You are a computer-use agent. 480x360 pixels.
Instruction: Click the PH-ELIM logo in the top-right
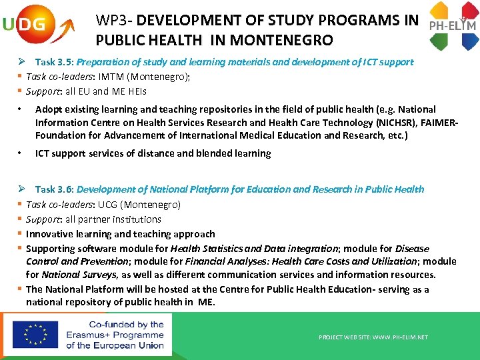[453, 25]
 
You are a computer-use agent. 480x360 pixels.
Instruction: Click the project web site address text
[373, 337]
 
